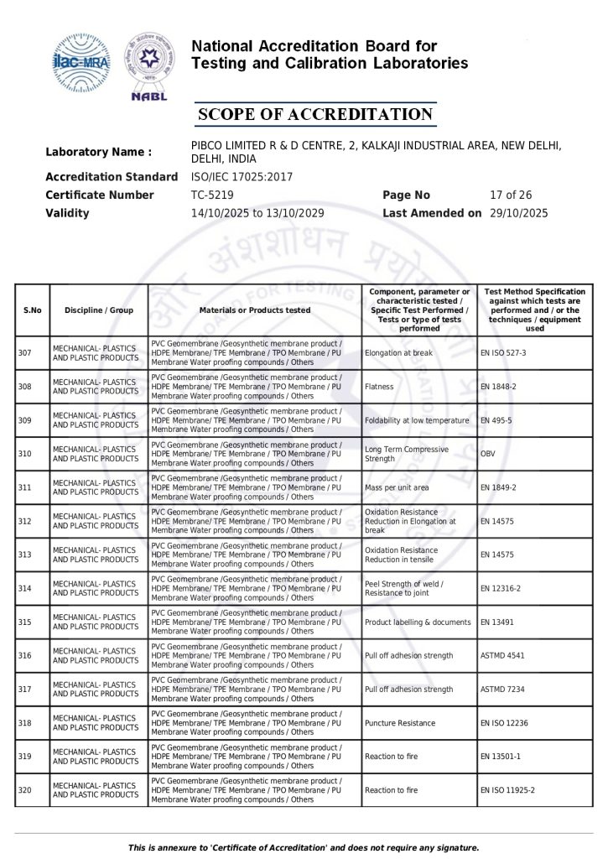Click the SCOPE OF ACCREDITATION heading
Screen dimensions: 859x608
pos(314,115)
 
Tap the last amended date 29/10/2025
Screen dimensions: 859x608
pos(518,214)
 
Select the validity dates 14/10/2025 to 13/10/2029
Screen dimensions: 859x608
pos(257,214)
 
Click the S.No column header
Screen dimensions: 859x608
pos(33,310)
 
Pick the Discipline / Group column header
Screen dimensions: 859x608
pos(99,310)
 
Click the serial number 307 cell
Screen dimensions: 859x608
pos(25,353)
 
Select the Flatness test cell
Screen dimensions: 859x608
pos(379,387)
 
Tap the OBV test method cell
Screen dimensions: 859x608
pos(488,454)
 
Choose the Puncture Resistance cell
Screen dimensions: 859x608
pos(400,723)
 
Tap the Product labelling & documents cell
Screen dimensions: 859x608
pos(418,622)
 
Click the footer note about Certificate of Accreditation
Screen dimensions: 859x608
pos(304,847)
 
